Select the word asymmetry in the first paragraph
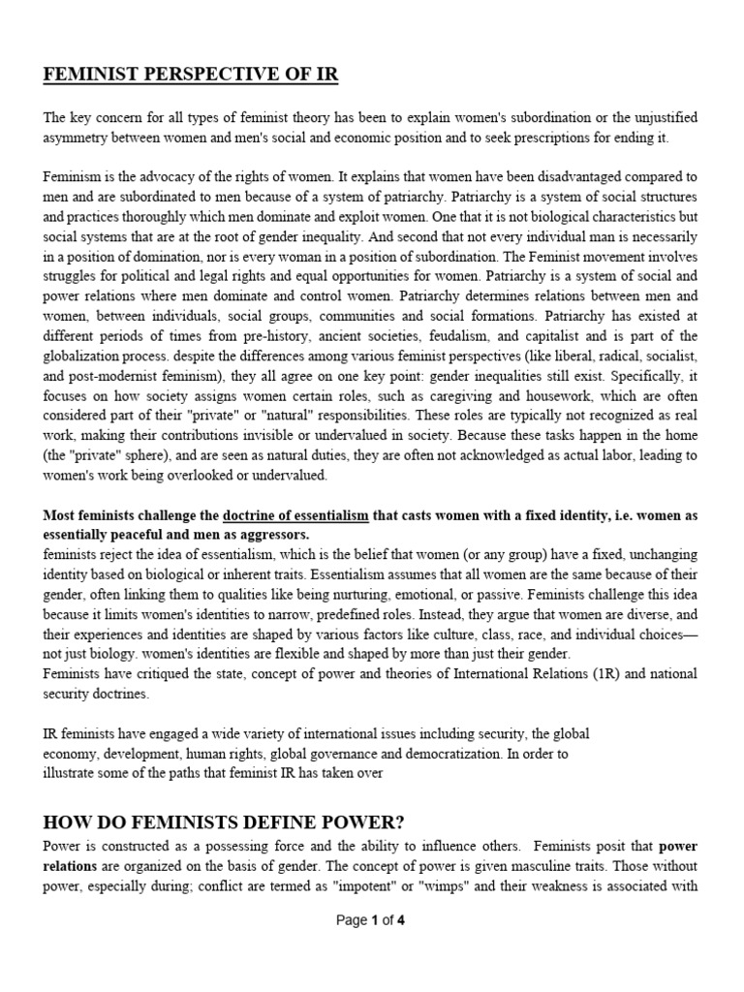pos(77,138)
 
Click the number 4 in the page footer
pos(401,920)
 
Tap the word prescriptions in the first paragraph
pos(549,138)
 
